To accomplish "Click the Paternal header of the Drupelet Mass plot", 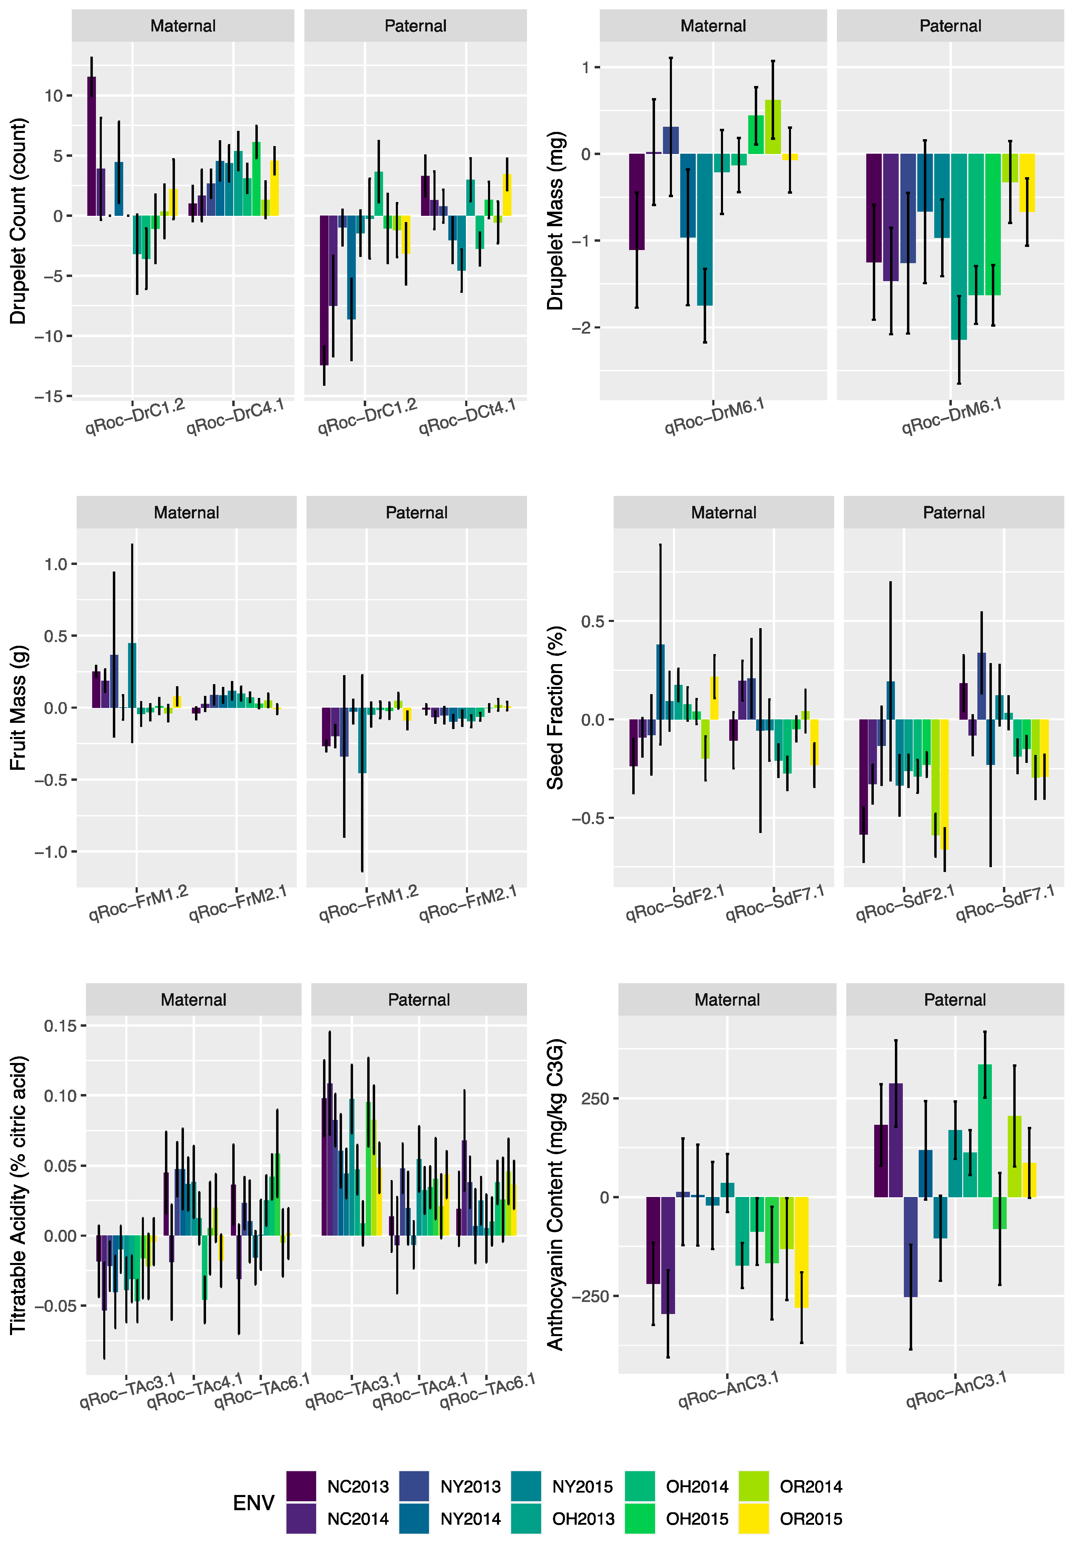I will click(x=950, y=26).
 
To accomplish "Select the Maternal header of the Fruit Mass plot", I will click(x=186, y=513).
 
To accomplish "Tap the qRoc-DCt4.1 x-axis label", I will click(x=468, y=417).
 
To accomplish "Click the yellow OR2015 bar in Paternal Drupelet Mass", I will click(x=1026, y=183).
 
